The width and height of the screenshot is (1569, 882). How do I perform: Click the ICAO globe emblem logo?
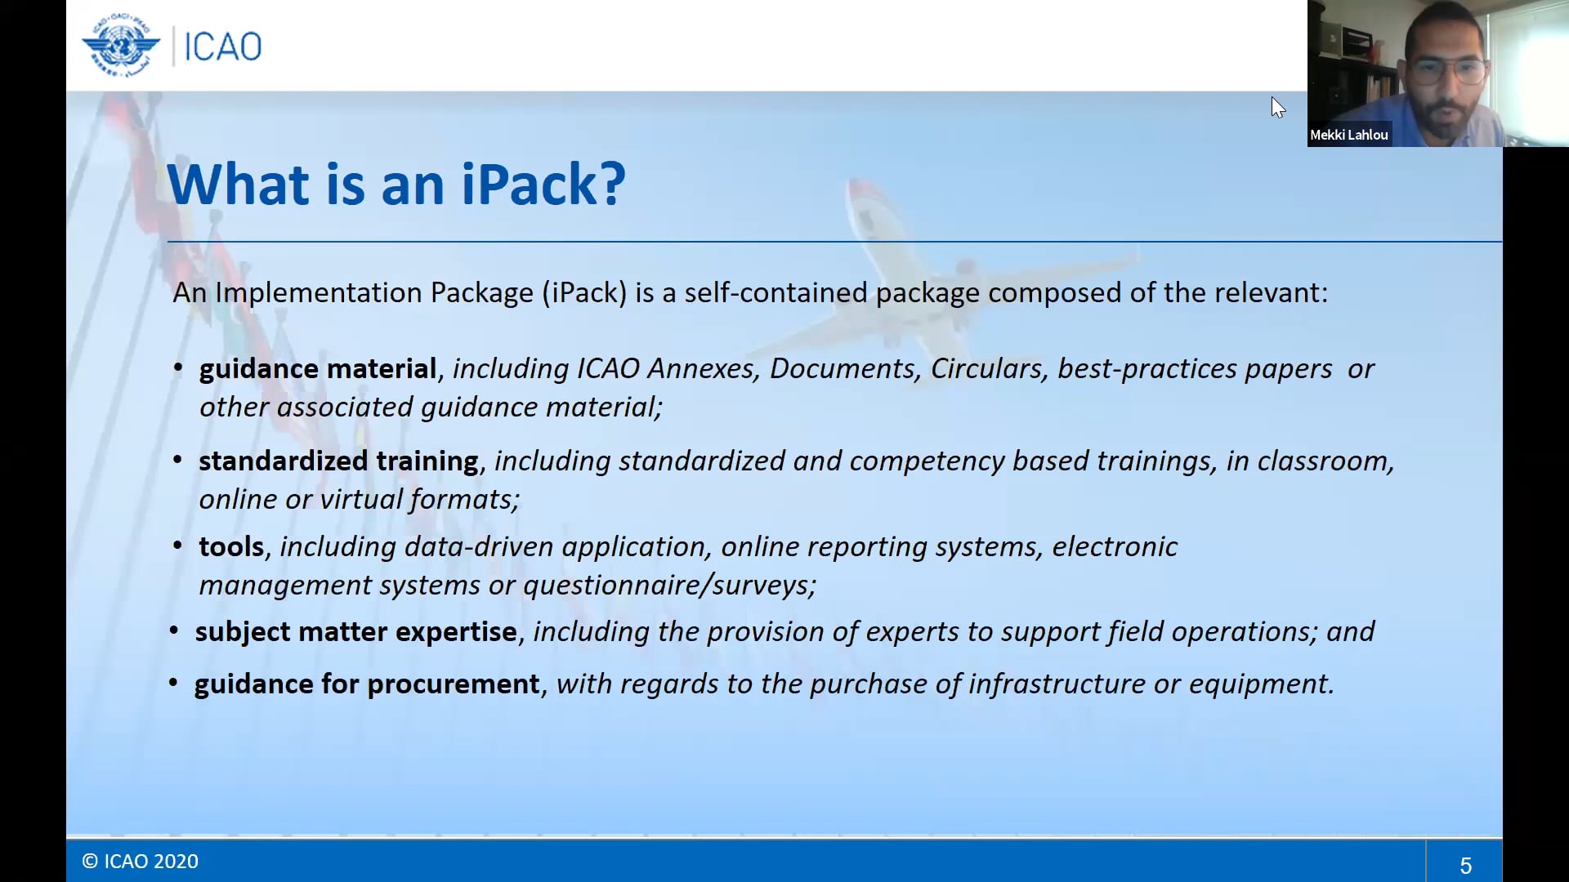point(121,46)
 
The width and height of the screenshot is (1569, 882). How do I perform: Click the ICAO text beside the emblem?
point(222,47)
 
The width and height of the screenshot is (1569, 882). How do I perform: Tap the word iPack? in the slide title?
point(543,185)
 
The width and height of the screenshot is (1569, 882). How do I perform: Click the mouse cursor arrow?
point(1277,107)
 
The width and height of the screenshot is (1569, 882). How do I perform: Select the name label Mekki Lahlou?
point(1348,135)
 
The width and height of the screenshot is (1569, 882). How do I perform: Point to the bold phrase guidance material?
point(317,369)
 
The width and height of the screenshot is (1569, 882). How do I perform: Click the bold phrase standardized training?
point(338,461)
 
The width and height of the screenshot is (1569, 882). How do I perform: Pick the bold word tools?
point(231,547)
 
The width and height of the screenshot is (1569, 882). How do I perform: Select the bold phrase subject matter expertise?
point(355,632)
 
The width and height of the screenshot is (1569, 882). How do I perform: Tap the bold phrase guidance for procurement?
point(367,684)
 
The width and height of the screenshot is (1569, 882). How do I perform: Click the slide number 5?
point(1465,865)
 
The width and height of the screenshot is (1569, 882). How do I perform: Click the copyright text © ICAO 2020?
point(140,862)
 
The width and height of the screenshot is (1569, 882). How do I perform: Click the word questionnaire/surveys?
point(669,586)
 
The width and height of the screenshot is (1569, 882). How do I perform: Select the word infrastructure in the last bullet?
point(1057,684)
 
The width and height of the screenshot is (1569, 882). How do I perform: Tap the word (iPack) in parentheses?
point(584,293)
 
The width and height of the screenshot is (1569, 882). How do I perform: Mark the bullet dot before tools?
point(177,545)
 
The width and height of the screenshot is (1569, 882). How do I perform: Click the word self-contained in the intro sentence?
point(776,293)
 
